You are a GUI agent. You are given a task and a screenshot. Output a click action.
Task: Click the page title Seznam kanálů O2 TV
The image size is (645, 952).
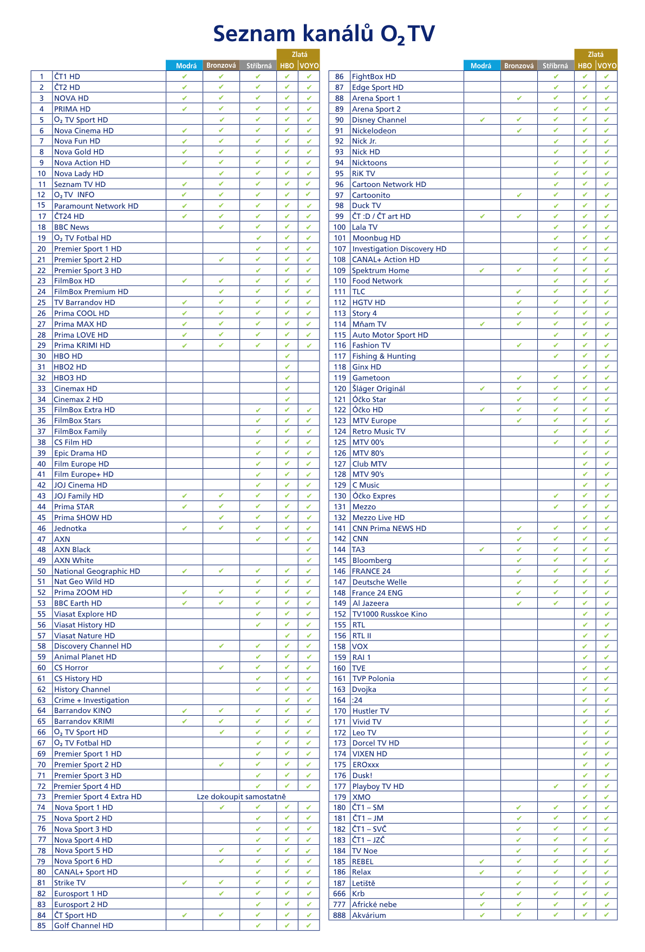coord(323,34)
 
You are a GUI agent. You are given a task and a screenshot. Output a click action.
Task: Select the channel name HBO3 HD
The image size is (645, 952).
coord(70,378)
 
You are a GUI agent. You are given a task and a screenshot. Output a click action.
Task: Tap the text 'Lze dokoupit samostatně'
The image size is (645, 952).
coord(241,796)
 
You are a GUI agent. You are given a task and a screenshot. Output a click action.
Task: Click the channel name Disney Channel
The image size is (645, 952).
coord(379,120)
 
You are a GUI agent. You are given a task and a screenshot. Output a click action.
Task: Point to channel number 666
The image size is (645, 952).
coord(339,893)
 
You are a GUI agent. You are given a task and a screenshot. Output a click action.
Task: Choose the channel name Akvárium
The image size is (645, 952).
coord(369,915)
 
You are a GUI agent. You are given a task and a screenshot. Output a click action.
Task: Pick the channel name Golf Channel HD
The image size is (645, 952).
coord(83,925)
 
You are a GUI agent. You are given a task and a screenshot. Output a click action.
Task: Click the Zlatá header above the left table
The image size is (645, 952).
coord(299,54)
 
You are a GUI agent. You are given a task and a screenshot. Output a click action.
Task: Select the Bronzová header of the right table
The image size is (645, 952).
coord(518,66)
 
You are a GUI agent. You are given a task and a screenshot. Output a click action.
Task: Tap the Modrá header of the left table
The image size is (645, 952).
coord(186,66)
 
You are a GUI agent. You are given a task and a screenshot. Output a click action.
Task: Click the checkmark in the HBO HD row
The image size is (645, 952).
coord(287,356)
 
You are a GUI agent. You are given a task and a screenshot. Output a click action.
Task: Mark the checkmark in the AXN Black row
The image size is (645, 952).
coord(309,549)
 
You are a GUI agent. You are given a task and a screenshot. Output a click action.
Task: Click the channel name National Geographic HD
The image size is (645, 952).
coord(97,571)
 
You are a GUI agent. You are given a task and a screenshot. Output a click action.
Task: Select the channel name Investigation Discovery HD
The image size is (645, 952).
coord(399,249)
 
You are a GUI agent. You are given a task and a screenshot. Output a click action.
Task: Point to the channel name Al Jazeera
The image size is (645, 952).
coord(370,603)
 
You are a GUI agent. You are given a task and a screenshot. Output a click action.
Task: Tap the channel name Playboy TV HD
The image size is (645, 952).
coord(378,786)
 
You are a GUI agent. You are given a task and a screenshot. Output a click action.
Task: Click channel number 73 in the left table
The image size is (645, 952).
coord(42,796)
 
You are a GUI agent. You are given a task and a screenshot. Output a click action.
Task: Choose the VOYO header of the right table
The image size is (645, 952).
coord(607,66)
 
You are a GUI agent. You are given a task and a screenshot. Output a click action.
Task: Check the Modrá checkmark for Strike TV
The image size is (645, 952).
coord(185,883)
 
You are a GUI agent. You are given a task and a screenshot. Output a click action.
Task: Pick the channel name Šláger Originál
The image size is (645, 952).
coord(379,388)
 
